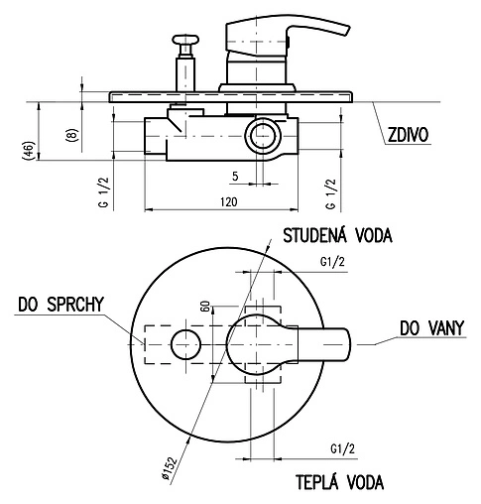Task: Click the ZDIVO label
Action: click(x=408, y=135)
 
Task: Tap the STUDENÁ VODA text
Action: click(x=337, y=235)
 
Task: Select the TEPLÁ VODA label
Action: click(x=339, y=482)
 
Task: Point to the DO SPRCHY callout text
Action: click(x=60, y=305)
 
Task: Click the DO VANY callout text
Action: click(x=431, y=328)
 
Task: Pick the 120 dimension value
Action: click(x=229, y=201)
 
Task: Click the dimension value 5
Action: click(x=235, y=176)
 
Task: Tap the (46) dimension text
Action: click(x=28, y=151)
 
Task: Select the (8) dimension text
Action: click(x=72, y=135)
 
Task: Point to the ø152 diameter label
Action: click(x=170, y=468)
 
